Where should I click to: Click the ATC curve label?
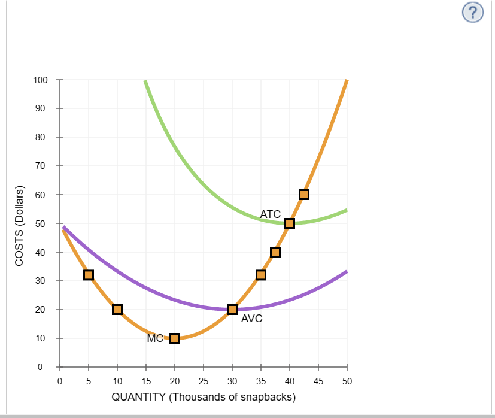pyautogui.click(x=271, y=214)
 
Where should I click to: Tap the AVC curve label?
pyautogui.click(x=251, y=319)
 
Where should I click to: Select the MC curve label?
pyautogui.click(x=155, y=339)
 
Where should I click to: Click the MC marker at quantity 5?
pyautogui.click(x=89, y=275)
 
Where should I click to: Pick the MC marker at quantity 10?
pyautogui.click(x=117, y=310)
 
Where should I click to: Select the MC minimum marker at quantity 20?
pyautogui.click(x=175, y=338)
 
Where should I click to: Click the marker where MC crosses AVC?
pyautogui.click(x=232, y=310)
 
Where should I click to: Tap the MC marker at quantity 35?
pyautogui.click(x=261, y=275)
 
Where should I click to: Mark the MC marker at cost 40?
pyautogui.click(x=275, y=252)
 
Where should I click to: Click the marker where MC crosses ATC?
pyautogui.click(x=290, y=223)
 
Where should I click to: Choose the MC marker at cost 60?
pyautogui.click(x=304, y=195)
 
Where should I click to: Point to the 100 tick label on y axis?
pyautogui.click(x=40, y=80)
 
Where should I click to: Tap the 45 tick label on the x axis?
pyautogui.click(x=318, y=381)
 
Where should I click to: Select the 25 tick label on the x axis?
pyautogui.click(x=204, y=381)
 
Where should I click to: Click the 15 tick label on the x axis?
pyautogui.click(x=146, y=381)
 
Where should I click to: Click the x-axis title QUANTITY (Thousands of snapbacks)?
pyautogui.click(x=204, y=398)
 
